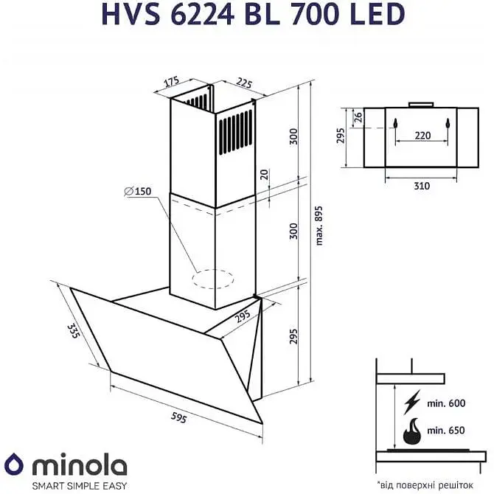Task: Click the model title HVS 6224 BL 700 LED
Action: [x=246, y=15]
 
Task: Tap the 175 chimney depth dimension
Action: [x=173, y=82]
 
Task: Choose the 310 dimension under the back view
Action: [x=421, y=186]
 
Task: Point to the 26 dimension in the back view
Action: [x=358, y=116]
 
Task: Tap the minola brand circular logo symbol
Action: [x=16, y=467]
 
